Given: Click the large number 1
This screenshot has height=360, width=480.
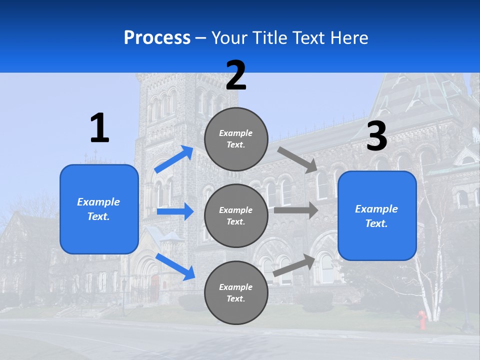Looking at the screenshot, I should (x=99, y=128).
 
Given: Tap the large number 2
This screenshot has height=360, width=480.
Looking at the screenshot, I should (x=236, y=75).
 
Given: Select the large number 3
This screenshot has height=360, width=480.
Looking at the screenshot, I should (x=376, y=136).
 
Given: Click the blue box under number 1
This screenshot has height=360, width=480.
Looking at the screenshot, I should (x=99, y=209).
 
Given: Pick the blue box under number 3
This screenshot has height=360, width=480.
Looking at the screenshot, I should (x=377, y=215).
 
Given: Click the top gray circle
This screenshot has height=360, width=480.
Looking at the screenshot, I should (x=236, y=138).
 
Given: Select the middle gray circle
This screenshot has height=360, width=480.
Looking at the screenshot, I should (x=236, y=215).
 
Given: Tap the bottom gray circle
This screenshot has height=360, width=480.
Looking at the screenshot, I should (x=236, y=292).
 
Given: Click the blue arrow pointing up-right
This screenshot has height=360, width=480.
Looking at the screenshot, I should (x=173, y=159).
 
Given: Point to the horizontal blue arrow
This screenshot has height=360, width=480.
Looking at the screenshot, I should (x=175, y=211).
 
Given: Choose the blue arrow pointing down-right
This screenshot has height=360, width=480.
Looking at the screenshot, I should (x=175, y=266).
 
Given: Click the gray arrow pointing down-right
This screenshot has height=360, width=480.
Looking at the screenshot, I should (x=298, y=159).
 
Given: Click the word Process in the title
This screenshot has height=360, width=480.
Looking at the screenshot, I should (x=157, y=38).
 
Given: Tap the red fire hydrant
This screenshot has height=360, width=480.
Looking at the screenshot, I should (x=422, y=320).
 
